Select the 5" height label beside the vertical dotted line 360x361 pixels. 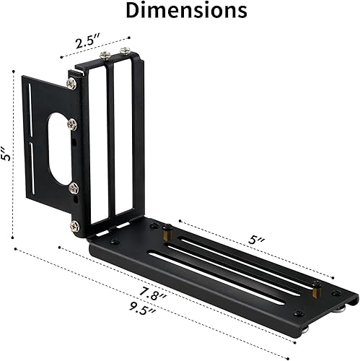point(6,154)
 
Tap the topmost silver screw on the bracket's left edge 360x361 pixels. point(71,83)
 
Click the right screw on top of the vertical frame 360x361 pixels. point(126,51)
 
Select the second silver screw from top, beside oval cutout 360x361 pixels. point(72,124)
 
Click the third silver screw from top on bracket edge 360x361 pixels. point(74,188)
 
